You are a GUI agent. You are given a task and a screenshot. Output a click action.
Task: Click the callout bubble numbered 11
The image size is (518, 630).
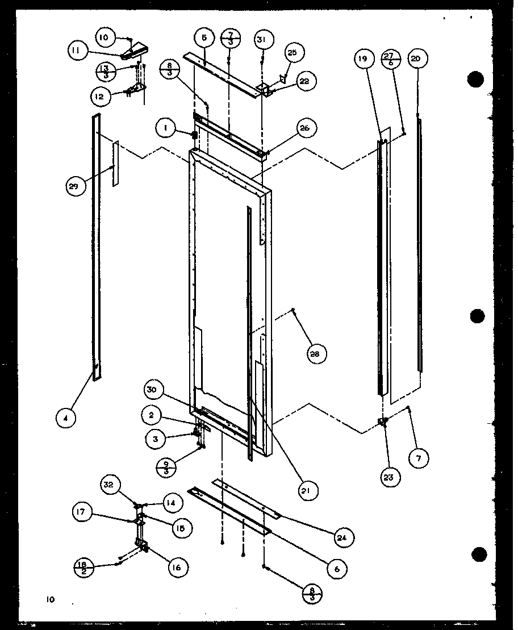76,51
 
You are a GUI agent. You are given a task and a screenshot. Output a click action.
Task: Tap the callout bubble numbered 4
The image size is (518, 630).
65,418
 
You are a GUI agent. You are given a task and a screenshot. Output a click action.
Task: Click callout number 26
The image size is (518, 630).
304,128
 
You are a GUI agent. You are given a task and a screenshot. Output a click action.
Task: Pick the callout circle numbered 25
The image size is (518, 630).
291,53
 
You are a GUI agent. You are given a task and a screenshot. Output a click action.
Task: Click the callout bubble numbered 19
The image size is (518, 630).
364,58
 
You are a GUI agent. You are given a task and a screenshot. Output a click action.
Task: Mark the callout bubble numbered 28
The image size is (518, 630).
314,354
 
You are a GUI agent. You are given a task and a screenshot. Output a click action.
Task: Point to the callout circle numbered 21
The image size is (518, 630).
307,490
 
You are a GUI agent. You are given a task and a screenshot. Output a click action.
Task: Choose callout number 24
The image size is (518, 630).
344,537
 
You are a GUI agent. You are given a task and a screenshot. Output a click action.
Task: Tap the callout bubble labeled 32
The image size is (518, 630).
108,485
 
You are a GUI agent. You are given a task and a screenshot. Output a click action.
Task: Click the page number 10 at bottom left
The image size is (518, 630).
51,599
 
